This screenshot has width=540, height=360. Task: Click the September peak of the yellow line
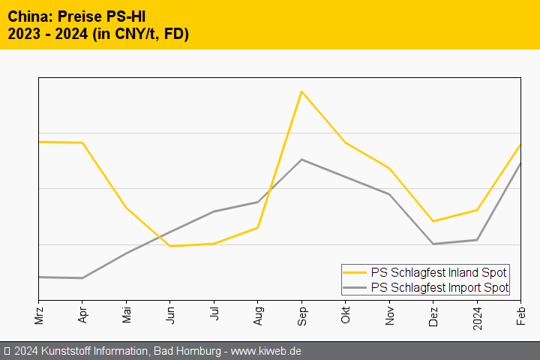(301, 91)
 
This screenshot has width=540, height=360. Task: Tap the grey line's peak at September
(301, 159)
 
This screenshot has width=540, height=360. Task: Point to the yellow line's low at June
(170, 246)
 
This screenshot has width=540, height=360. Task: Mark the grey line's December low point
(433, 244)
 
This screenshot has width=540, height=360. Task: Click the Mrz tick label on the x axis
(39, 313)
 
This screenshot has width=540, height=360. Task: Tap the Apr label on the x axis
(82, 313)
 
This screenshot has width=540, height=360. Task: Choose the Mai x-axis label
(127, 313)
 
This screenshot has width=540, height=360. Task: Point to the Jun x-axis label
(170, 313)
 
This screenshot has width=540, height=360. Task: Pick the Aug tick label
(258, 313)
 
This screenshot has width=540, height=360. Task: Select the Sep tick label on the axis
(301, 313)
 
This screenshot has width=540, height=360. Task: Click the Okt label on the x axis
(346, 313)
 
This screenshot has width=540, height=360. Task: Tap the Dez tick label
(433, 313)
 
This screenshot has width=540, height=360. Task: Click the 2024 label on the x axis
(477, 315)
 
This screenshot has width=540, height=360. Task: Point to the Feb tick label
(520, 313)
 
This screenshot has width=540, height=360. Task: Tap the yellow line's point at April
(82, 142)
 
